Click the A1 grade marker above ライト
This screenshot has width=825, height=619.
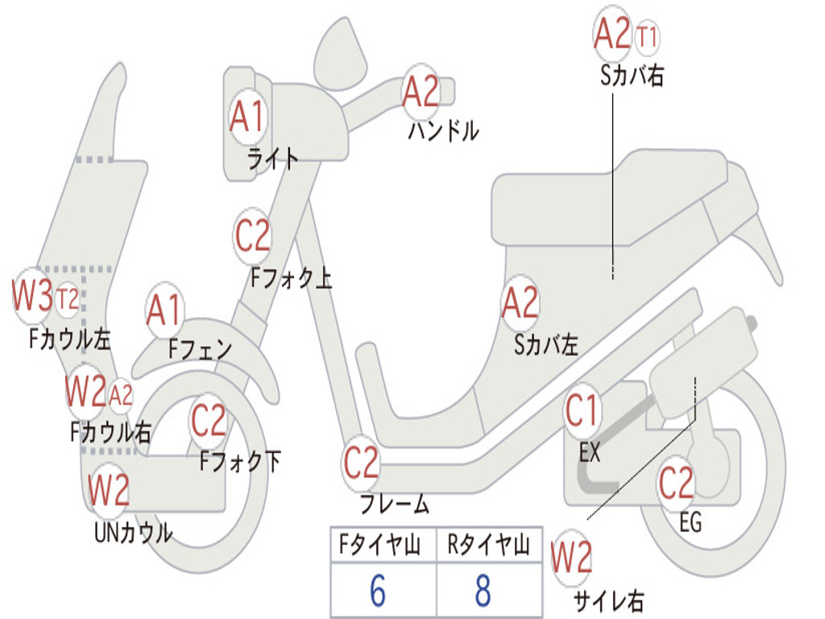coord(247,116)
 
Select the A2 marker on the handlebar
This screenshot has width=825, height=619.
coord(421,92)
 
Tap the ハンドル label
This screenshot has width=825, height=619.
coord(444,131)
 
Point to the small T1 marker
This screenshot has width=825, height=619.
coord(647,37)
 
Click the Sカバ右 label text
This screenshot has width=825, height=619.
coord(632,75)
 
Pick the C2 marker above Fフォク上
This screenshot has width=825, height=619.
coord(252,236)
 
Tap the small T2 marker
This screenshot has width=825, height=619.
coord(68,299)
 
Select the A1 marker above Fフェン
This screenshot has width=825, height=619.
coord(164,309)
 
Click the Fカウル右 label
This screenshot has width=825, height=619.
coord(111,433)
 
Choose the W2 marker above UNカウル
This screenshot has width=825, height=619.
coord(109,489)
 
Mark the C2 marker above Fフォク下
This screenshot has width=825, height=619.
coord(209,421)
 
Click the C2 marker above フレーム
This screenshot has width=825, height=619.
coord(361,463)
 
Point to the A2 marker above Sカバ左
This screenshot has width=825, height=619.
coord(520,303)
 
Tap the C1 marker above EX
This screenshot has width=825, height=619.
coord(582,410)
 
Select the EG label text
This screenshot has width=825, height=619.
coord(690,522)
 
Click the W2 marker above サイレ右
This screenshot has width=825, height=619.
coord(571,557)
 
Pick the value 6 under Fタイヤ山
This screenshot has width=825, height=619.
coord(378,590)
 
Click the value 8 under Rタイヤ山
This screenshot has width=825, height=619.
coord(483,590)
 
